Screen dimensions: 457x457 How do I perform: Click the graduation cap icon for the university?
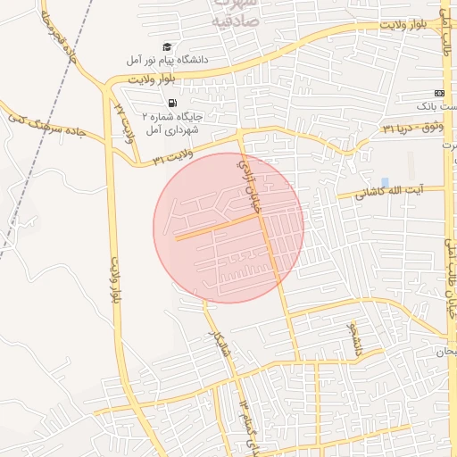167,46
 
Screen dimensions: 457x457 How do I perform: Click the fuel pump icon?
170,102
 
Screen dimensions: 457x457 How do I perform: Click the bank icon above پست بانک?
438,93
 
